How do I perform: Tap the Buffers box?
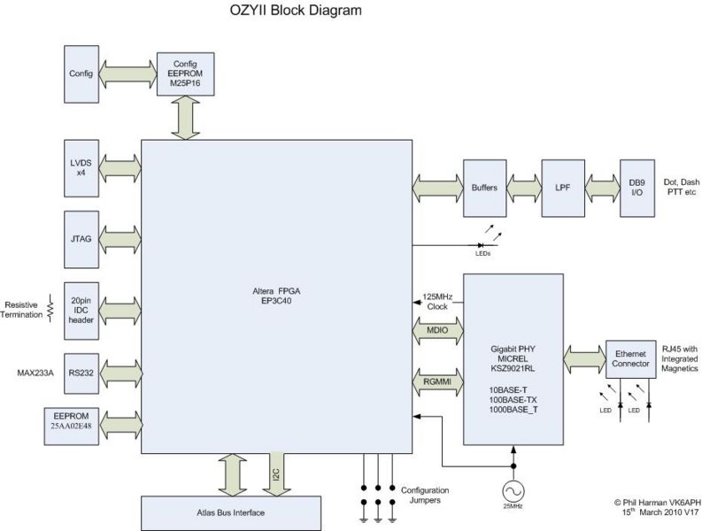483,189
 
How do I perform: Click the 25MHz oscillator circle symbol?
513,489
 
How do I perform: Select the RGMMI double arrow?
436,382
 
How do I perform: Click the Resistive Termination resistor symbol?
50,308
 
